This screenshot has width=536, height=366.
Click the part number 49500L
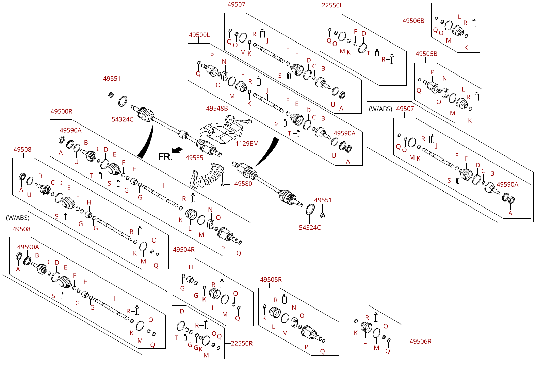199,35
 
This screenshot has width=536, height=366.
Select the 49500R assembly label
61,111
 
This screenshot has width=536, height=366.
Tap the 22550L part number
332,5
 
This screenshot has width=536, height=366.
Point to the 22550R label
242,343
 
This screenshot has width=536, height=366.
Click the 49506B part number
413,21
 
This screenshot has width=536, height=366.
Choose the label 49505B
426,54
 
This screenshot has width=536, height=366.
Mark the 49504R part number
183,250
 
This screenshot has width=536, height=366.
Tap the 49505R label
271,280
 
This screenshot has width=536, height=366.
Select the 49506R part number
420,341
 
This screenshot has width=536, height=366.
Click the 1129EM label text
247,144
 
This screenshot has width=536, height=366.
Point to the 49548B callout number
217,109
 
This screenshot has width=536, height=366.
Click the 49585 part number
194,158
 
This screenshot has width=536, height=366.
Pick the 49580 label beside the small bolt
243,184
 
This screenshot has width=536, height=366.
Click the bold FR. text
165,157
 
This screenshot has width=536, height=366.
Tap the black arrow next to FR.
177,150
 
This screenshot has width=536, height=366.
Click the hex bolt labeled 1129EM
246,121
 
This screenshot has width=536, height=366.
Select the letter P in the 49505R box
306,347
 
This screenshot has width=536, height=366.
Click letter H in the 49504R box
191,267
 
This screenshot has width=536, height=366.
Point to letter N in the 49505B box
444,79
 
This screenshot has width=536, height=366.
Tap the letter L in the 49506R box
365,342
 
